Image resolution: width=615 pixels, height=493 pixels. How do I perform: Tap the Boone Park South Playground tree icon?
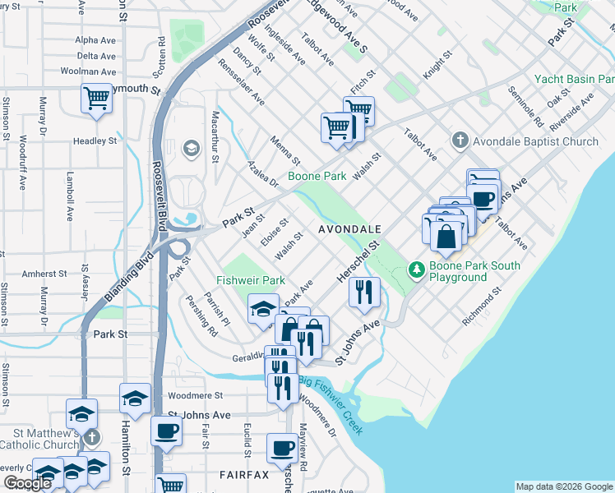point(416,269)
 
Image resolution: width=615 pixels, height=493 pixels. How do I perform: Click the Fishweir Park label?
point(250,280)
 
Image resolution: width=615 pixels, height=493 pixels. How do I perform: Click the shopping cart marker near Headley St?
point(96,100)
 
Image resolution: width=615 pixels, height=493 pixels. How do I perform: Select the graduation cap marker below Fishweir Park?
point(262,309)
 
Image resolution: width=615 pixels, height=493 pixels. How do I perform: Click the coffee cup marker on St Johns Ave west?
point(166,430)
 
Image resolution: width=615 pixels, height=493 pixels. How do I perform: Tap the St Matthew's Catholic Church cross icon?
point(91,438)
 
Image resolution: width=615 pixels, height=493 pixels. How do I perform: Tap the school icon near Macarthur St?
point(191,148)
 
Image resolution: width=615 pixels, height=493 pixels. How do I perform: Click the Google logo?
point(27,483)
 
